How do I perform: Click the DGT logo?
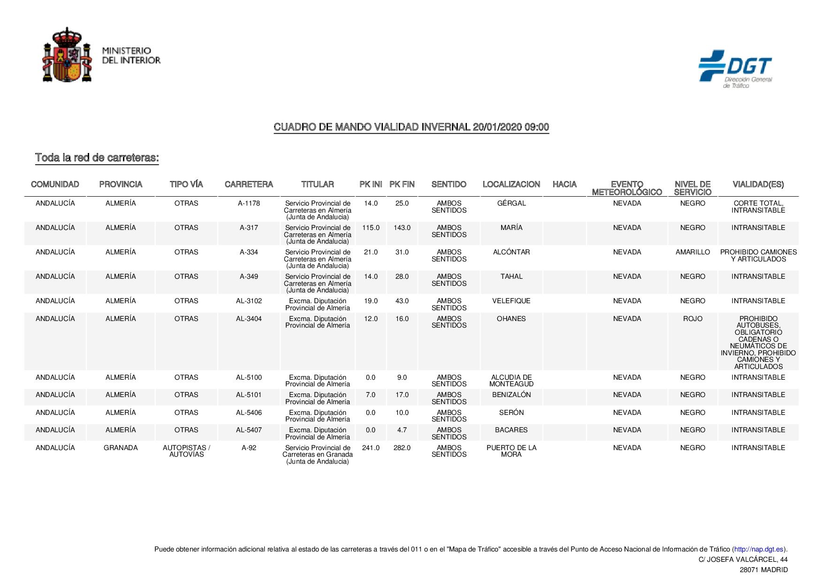[x=735, y=69]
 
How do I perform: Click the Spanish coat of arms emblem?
[x=67, y=55]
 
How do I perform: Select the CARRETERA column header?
[x=249, y=184]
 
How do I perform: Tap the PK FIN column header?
[x=402, y=184]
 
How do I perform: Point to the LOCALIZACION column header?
[x=511, y=184]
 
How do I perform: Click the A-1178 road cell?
[x=249, y=203]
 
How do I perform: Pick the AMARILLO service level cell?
[x=693, y=252]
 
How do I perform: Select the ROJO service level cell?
[x=693, y=319]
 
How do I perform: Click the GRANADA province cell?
[x=121, y=448]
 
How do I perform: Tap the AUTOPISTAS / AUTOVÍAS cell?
[x=186, y=451]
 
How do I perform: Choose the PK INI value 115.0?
[x=371, y=228]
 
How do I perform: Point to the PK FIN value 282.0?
[x=402, y=448]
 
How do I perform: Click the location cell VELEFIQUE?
[x=511, y=301]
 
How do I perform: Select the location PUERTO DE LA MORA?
[x=511, y=451]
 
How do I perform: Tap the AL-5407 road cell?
[x=249, y=430]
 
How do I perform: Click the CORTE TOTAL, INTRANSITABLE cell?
[x=758, y=207]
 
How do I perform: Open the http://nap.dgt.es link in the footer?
[x=759, y=549]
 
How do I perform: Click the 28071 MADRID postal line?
[x=763, y=570]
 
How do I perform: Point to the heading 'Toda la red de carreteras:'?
[x=97, y=158]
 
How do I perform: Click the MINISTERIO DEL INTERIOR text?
[x=131, y=55]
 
